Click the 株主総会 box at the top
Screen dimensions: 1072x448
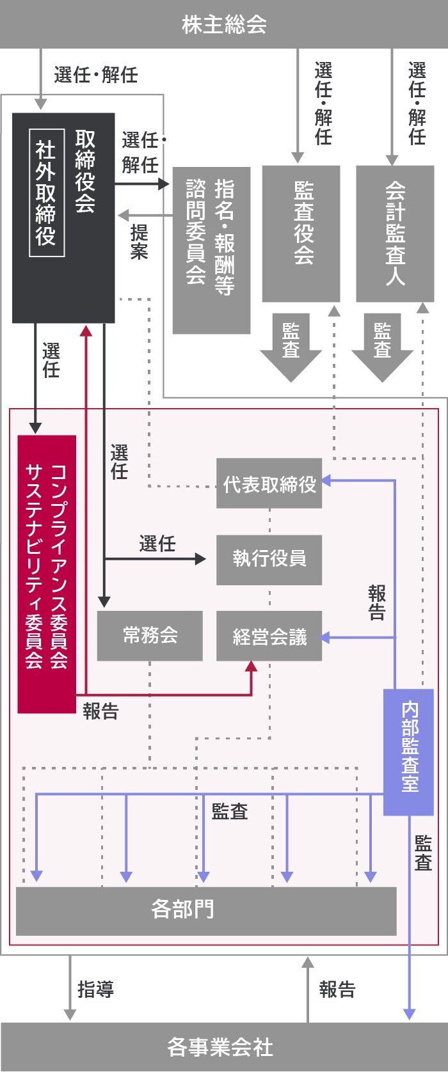(x=224, y=24)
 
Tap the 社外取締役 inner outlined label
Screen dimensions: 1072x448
(x=46, y=193)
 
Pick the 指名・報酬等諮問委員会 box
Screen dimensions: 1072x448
(x=211, y=250)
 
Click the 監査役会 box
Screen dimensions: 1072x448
(x=301, y=233)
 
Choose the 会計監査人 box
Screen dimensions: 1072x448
(x=395, y=233)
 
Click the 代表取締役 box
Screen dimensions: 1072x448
(x=269, y=484)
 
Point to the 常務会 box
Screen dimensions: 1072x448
(x=150, y=635)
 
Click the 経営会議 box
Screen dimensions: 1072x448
(x=269, y=636)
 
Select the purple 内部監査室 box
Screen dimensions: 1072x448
(x=408, y=752)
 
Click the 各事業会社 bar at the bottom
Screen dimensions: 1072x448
(x=224, y=1047)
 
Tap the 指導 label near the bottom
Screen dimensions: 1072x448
(x=96, y=989)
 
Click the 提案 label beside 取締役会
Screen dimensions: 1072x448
(x=139, y=242)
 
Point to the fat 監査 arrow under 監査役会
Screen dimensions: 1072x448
(x=291, y=345)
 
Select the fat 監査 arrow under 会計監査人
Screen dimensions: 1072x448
(x=383, y=345)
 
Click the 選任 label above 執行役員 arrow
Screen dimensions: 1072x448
(x=157, y=544)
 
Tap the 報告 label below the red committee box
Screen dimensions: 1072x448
(x=101, y=711)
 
